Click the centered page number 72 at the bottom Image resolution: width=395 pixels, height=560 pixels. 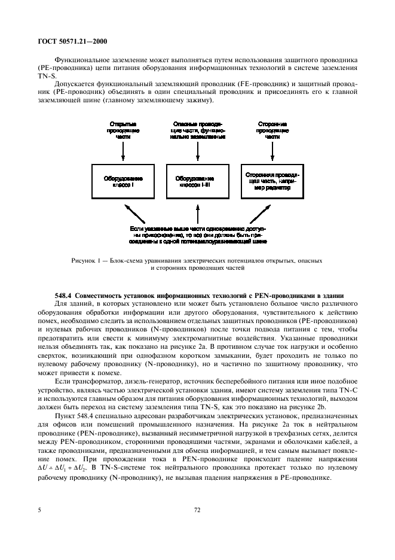pyautogui.click(x=197, y=510)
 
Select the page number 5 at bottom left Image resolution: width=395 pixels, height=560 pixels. pyautogui.click(x=39, y=510)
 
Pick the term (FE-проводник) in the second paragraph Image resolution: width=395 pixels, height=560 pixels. pyautogui.click(x=206, y=93)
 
